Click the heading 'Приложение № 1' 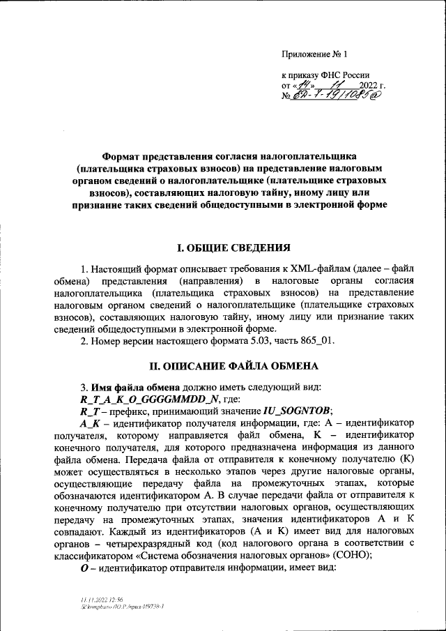314,54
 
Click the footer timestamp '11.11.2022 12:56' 101,600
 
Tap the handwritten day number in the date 303,85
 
